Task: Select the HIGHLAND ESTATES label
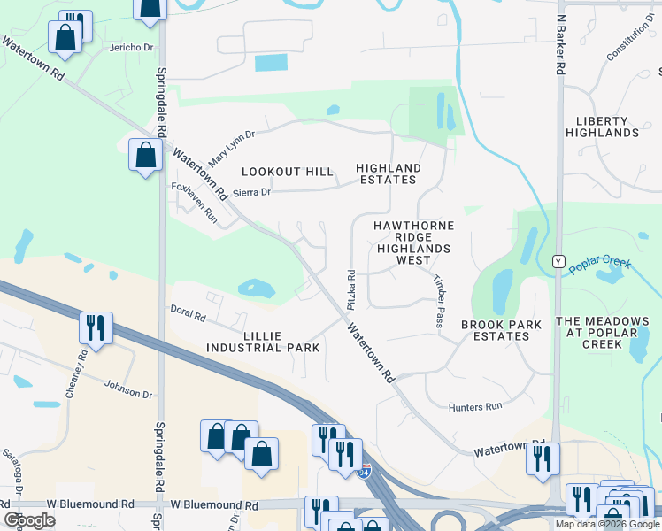(x=389, y=173)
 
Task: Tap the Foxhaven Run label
(x=194, y=201)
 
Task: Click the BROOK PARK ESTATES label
(x=501, y=331)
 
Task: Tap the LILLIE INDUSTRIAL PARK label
(x=263, y=342)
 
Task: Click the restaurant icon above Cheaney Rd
(x=94, y=328)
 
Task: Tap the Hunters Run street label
(x=475, y=406)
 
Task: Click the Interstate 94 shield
(x=364, y=473)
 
